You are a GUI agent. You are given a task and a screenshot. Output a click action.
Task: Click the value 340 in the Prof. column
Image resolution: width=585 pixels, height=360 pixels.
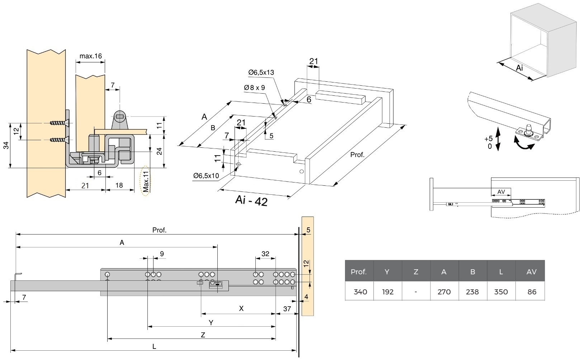click(360, 292)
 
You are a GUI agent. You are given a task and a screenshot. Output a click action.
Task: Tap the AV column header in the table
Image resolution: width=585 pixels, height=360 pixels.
click(531, 272)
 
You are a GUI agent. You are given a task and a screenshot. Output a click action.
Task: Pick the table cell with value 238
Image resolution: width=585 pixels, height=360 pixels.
click(472, 292)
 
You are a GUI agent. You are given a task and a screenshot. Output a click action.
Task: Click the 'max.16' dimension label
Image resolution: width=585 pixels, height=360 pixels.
click(90, 56)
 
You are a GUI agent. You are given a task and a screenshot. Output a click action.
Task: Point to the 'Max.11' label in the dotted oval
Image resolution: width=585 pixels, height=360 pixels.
click(146, 181)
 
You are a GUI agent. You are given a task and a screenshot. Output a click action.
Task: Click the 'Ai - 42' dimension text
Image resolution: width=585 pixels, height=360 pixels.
click(251, 200)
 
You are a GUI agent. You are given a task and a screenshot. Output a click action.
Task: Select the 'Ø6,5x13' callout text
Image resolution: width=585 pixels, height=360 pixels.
click(261, 72)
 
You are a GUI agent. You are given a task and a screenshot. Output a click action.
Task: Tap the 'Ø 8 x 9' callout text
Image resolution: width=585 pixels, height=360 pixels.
click(254, 87)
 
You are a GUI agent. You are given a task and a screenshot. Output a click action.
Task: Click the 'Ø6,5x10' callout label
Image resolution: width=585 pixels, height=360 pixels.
click(206, 176)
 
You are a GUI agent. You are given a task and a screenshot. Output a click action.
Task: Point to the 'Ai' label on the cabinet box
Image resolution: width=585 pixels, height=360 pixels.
click(519, 68)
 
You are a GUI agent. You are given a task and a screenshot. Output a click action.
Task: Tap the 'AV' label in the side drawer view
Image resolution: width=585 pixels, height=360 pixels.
click(501, 192)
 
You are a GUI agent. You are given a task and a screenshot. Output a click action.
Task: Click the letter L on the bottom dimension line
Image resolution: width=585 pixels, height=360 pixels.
click(154, 346)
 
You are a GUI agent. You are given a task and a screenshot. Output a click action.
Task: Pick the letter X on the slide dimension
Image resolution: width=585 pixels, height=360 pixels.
click(241, 308)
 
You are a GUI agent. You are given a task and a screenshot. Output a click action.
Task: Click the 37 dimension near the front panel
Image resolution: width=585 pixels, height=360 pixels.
click(287, 308)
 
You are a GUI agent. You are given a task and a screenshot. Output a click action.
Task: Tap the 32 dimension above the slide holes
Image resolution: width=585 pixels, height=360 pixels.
click(265, 254)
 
